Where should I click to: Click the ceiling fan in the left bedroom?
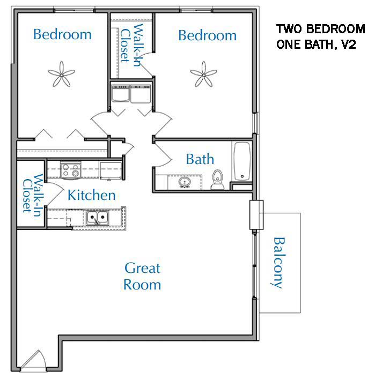pyautogui.click(x=62, y=74)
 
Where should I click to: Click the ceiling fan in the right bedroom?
pyautogui.click(x=203, y=74)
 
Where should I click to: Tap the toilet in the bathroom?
pyautogui.click(x=217, y=180)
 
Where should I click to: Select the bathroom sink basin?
pyautogui.click(x=185, y=182)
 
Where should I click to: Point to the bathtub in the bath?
pyautogui.click(x=242, y=161)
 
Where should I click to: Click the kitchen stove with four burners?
pyautogui.click(x=70, y=170)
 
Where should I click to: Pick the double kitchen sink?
pyautogui.click(x=98, y=218)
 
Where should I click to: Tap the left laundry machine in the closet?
pyautogui.click(x=120, y=93)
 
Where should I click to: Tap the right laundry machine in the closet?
pyautogui.click(x=141, y=93)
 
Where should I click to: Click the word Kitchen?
pyautogui.click(x=91, y=195)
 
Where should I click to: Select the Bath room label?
pyautogui.click(x=200, y=159)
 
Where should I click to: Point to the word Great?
pyautogui.click(x=142, y=268)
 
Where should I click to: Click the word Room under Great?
pyautogui.click(x=142, y=285)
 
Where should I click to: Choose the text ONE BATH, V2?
pyautogui.click(x=316, y=44)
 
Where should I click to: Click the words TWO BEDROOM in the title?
pyautogui.click(x=321, y=29)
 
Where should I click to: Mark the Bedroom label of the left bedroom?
pyautogui.click(x=62, y=34)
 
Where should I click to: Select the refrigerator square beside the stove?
pyautogui.click(x=111, y=171)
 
